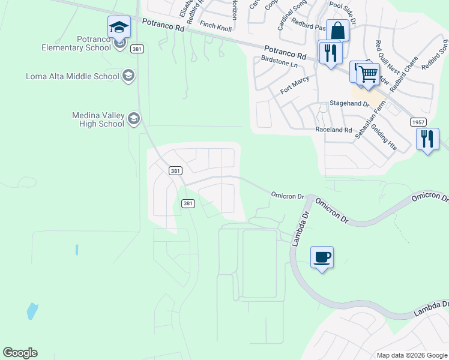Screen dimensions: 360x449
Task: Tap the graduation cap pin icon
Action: tap(119, 28)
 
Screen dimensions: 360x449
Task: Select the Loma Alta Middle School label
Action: tap(73, 76)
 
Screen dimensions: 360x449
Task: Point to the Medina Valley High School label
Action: tap(98, 119)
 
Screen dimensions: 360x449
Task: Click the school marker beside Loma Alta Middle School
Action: tap(128, 76)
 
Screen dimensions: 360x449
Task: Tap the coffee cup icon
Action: tap(322, 257)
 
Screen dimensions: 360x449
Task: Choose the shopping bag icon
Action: tap(337, 31)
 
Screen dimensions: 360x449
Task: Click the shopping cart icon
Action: tap(369, 75)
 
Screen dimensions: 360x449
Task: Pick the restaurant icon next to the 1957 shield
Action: tap(427, 140)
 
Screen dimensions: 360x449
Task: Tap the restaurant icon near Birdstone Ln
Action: tap(330, 53)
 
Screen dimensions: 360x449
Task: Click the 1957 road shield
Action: tap(419, 122)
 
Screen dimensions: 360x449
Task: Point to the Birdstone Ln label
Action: tap(280, 61)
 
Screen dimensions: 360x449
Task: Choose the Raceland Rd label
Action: tap(333, 130)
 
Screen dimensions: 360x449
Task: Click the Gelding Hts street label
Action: tap(384, 137)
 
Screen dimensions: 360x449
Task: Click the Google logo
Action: tap(20, 353)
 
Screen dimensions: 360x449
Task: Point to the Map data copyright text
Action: tap(412, 355)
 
